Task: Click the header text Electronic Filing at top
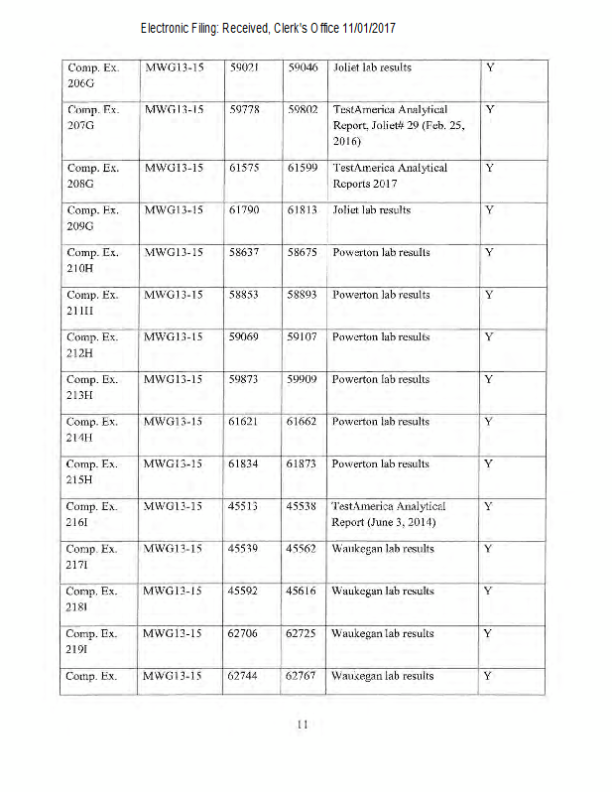(268, 28)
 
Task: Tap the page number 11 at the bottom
(304, 724)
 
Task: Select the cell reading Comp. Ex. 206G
(92, 76)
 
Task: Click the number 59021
(244, 67)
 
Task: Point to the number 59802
(302, 109)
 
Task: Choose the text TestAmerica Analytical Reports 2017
(390, 176)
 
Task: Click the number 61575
(244, 168)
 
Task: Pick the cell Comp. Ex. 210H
(92, 261)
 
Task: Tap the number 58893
(302, 295)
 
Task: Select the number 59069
(244, 336)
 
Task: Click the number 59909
(302, 379)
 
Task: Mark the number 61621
(244, 422)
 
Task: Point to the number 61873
(302, 463)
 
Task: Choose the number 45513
(244, 506)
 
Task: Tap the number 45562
(302, 548)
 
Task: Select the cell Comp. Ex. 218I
(92, 599)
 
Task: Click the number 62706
(244, 633)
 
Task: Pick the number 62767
(302, 676)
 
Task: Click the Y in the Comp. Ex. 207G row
(489, 109)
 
